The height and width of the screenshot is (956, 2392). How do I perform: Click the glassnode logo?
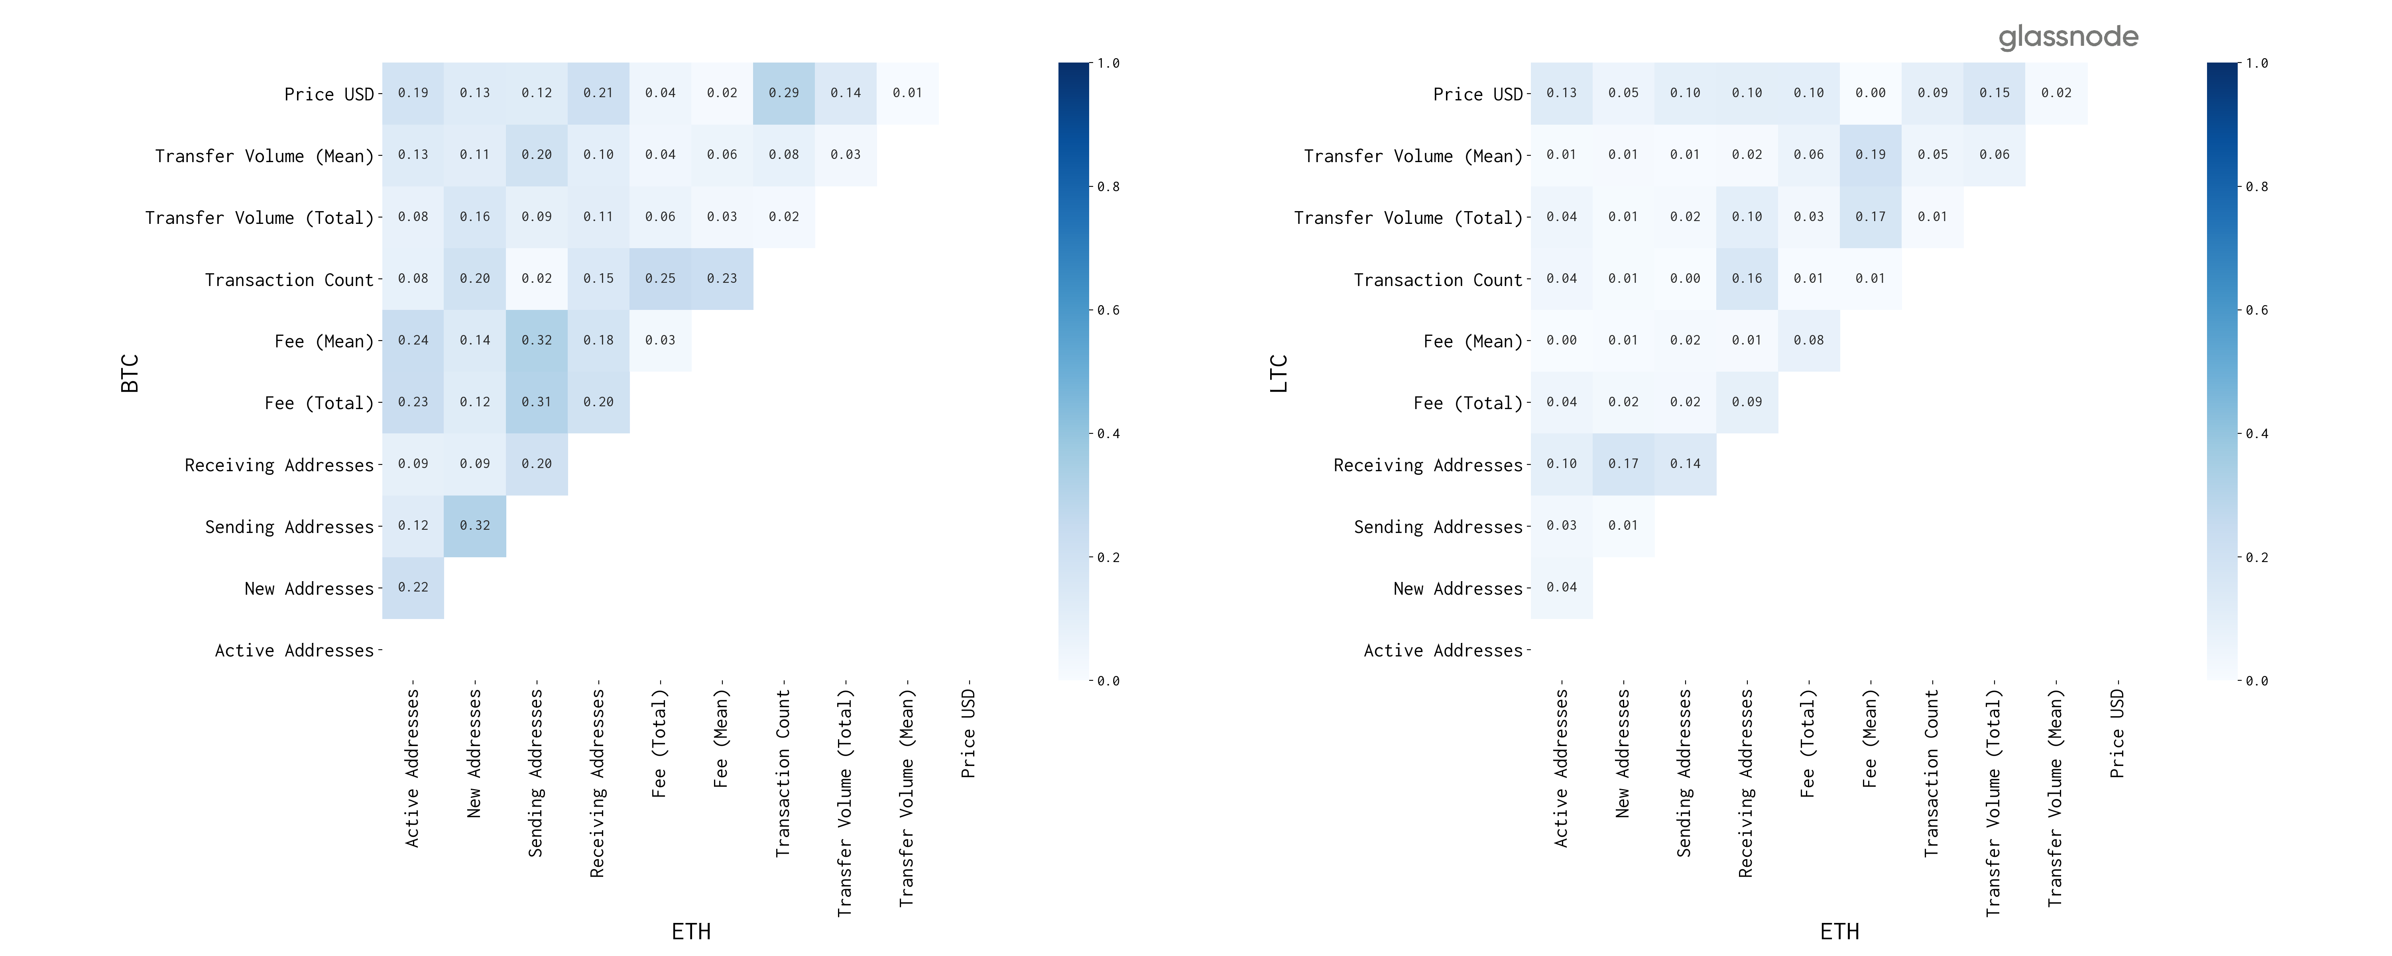[2068, 37]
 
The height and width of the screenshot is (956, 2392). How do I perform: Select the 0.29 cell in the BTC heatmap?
[784, 93]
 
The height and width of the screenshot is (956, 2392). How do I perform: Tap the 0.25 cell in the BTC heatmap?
[660, 278]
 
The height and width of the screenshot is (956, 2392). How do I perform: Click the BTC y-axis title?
[130, 373]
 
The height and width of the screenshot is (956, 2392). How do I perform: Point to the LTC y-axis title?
[1279, 373]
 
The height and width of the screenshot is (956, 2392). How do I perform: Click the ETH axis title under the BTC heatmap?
[691, 931]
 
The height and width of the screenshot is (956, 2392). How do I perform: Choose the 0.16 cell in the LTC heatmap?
[1747, 278]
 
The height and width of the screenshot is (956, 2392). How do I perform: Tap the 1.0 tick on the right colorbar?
[2256, 63]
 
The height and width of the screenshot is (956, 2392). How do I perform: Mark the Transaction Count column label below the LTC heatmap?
[1932, 772]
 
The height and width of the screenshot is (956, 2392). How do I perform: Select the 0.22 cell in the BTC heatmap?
[413, 588]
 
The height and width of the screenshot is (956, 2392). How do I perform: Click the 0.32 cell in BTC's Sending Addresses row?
[474, 525]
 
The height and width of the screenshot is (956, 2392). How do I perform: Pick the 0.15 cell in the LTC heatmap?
[1994, 93]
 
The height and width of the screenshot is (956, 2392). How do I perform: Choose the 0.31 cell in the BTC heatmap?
[537, 402]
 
